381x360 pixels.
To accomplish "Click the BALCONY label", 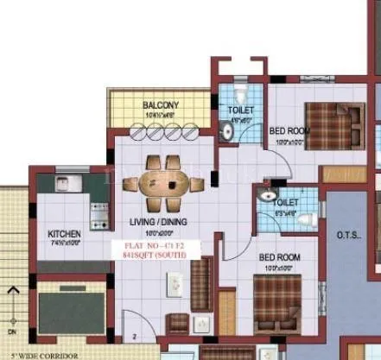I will point(160,106).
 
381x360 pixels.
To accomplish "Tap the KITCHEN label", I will point(64,233).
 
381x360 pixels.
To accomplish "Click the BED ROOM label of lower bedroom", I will point(280,257).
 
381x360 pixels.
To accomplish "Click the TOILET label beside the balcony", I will point(240,111).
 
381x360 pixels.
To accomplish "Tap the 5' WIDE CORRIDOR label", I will point(39,355).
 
